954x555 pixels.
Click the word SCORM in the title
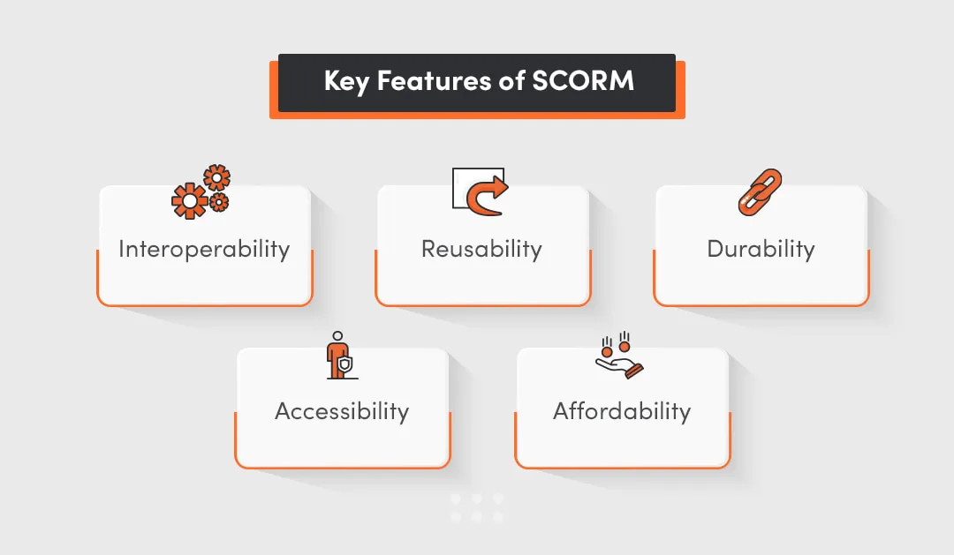coord(583,81)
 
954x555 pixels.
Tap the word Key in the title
coord(346,82)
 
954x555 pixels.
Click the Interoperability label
coord(204,249)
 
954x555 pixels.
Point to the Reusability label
coord(481,249)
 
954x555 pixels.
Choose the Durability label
coord(761,249)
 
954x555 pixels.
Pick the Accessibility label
coord(342,411)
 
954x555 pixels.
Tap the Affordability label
coord(622,411)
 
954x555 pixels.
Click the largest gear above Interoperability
coord(189,201)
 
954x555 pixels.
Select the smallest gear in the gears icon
coord(219,202)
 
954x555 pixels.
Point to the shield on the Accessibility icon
coord(345,363)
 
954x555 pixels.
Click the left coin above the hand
coord(608,351)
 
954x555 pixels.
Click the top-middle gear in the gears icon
coord(216,176)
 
